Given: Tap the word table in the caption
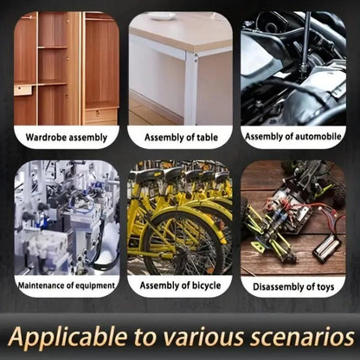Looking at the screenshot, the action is pos(207,138).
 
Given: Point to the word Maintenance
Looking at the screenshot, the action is pos(41,286).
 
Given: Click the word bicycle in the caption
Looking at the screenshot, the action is pos(206,286).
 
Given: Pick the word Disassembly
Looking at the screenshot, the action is pos(279,286).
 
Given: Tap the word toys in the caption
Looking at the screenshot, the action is pos(325,287).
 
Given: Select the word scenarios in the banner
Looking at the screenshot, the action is pos(302,337).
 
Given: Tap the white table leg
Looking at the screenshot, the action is pos(191,88).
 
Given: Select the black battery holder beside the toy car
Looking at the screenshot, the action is pos(327,247).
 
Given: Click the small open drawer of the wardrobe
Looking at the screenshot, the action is pos(22,90).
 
